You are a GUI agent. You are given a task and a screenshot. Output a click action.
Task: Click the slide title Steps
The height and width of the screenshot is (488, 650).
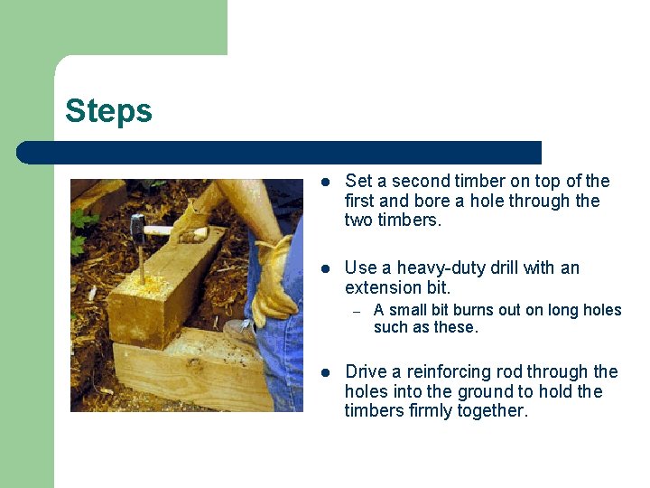(x=108, y=111)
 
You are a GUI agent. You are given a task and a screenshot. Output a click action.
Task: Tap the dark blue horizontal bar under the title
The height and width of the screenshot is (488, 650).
(x=279, y=153)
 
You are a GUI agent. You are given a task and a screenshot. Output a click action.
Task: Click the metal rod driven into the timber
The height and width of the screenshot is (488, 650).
(x=142, y=265)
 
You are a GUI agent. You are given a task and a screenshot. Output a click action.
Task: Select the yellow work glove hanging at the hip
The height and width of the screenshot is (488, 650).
(x=274, y=282)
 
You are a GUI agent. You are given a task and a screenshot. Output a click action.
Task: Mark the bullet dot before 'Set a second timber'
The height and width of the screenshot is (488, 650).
(x=326, y=182)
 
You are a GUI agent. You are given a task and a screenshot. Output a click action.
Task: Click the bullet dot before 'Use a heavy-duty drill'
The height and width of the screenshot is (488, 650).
(x=326, y=269)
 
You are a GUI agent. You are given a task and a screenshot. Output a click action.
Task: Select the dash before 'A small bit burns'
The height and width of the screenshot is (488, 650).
(x=357, y=312)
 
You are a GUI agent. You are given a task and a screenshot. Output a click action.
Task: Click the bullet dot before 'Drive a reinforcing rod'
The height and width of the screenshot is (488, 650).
(x=326, y=372)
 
